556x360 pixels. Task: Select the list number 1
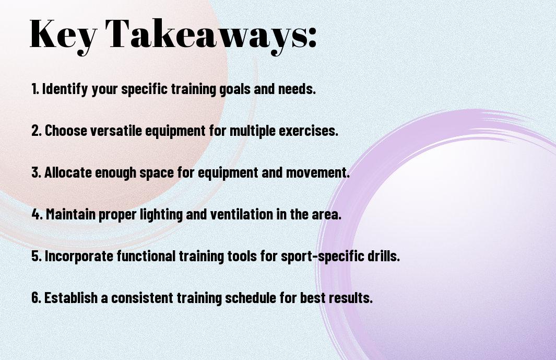35,89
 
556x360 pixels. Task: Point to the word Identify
65,89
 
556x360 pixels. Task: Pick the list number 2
37,131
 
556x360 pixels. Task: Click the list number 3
37,172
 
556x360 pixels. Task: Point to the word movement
318,172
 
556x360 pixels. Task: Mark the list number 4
37,214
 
